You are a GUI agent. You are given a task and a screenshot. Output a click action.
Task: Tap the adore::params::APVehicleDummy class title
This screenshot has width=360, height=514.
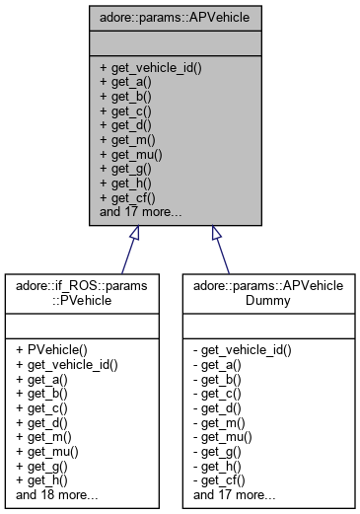pyautogui.click(x=263, y=293)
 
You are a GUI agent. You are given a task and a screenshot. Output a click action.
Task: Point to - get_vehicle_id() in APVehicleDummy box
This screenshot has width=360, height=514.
pyautogui.click(x=243, y=350)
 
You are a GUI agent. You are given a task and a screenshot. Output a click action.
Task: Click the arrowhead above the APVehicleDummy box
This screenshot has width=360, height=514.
pyautogui.click(x=217, y=233)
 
